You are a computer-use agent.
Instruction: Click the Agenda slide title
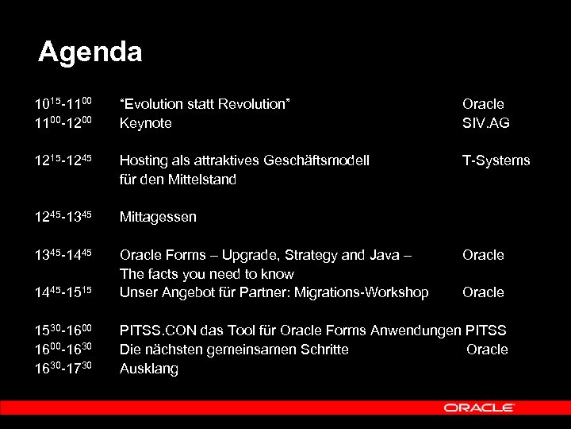click(x=90, y=52)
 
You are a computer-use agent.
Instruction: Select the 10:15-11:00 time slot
click(x=63, y=104)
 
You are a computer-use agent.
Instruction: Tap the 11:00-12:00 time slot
click(x=63, y=123)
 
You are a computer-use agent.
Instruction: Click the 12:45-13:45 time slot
click(x=63, y=217)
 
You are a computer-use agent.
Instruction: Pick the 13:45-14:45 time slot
click(x=63, y=255)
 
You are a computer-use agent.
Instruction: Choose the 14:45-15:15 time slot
click(x=63, y=292)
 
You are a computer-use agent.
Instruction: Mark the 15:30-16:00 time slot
click(x=63, y=330)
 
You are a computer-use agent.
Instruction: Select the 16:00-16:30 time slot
click(x=63, y=350)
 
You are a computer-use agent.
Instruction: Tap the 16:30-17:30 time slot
click(x=63, y=369)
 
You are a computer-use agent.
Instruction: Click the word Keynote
click(x=145, y=123)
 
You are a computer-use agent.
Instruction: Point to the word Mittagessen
click(x=158, y=217)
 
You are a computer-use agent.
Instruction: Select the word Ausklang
click(x=148, y=369)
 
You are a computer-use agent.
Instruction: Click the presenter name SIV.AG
click(x=485, y=123)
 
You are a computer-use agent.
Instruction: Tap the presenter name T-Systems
click(x=496, y=161)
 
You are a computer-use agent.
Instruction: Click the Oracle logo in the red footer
click(x=479, y=408)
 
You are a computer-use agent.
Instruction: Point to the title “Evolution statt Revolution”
click(x=205, y=104)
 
